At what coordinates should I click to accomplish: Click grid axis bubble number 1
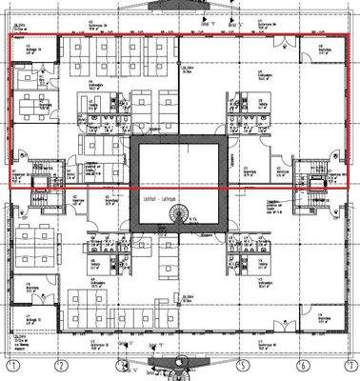13,365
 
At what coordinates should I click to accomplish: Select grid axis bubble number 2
59,365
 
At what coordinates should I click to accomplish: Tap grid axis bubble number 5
242,365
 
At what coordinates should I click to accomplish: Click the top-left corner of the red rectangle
10,36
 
